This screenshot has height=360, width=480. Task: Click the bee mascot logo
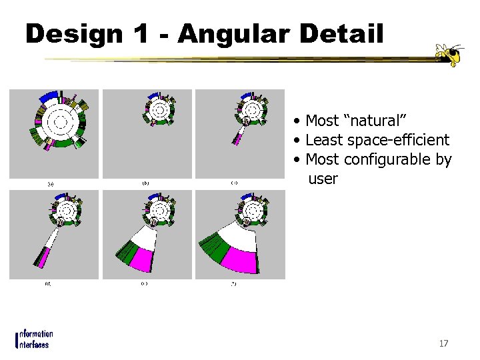[447, 55]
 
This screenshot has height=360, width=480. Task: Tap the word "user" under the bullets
[323, 179]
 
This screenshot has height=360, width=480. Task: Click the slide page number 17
[443, 344]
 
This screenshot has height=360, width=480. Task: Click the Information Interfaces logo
[34, 339]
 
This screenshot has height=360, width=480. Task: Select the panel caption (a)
[50, 183]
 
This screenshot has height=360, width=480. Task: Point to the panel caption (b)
[145, 183]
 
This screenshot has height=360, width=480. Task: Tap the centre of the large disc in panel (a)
[58, 121]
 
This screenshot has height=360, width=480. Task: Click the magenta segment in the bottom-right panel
[239, 257]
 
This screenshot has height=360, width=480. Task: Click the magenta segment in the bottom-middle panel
[145, 257]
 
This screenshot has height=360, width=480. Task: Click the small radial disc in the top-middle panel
[160, 109]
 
